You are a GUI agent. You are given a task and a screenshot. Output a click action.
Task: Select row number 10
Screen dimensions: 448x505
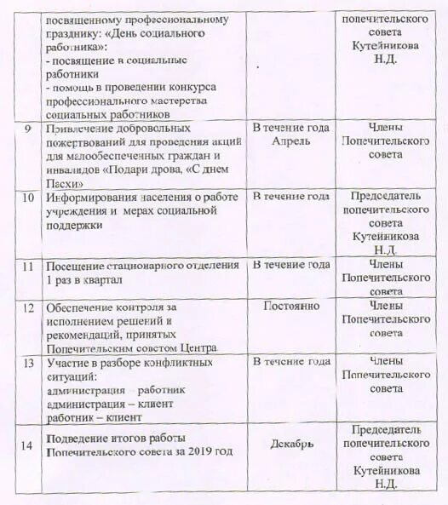coord(30,197)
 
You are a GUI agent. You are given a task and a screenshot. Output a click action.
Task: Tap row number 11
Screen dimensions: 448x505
coord(29,266)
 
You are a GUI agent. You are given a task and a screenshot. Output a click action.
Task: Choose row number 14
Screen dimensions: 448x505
coord(29,444)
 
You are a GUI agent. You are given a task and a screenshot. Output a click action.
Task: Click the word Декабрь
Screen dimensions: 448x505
coord(291,444)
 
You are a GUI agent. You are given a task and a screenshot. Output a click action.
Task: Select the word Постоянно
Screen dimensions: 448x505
coord(291,305)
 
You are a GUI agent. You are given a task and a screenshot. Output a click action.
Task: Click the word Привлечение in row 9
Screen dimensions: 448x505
coord(79,128)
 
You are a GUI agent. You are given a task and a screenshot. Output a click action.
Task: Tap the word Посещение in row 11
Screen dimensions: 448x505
coord(75,266)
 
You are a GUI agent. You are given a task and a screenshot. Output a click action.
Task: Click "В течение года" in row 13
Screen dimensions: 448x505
coord(291,362)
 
